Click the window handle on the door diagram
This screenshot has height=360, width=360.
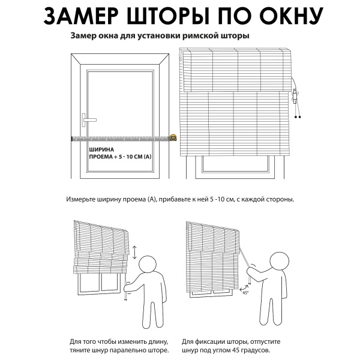[88, 118]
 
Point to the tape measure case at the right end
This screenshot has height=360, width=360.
[173, 138]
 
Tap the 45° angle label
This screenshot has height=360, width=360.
[245, 293]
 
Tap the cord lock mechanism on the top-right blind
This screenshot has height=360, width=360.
[295, 95]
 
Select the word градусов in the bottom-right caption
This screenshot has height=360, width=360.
[253, 349]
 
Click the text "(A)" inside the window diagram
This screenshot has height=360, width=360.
[148, 157]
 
